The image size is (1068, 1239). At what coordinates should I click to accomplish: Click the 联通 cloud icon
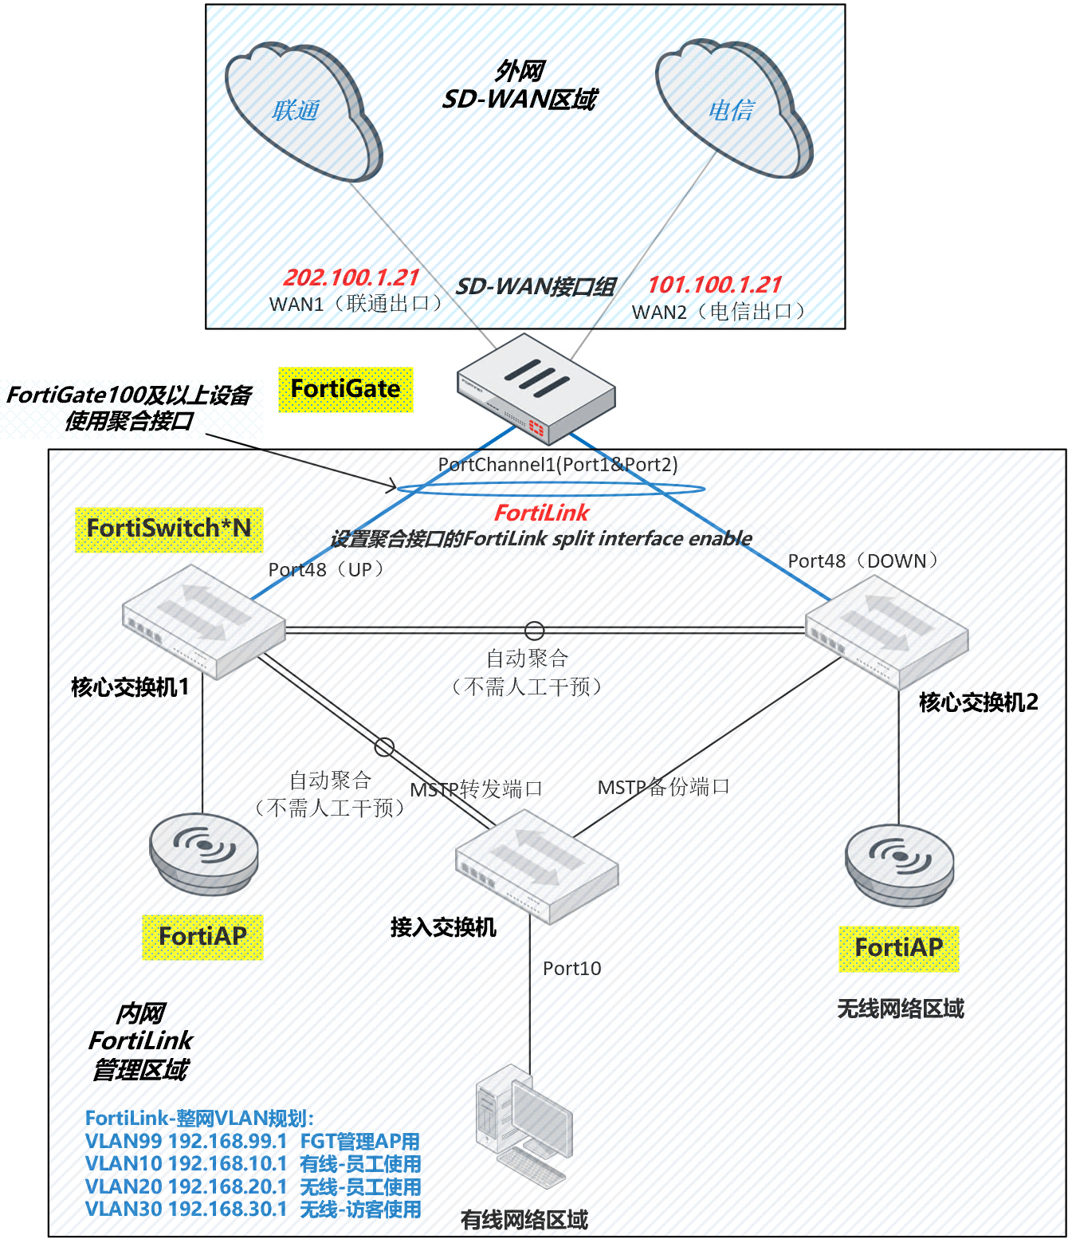tap(303, 112)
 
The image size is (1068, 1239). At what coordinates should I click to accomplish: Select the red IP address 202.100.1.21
tap(351, 277)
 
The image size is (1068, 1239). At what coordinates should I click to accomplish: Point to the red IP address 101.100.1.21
tap(715, 285)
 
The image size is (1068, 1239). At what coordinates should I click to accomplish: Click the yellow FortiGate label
tap(346, 389)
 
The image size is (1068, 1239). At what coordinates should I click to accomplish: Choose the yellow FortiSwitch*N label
tap(169, 529)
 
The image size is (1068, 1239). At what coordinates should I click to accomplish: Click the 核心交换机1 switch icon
tap(203, 622)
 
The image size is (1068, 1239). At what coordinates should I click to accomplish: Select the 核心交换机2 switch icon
tap(886, 632)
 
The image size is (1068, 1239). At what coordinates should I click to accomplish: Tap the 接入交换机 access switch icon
tap(536, 867)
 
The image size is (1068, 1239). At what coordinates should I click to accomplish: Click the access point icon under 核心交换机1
tap(204, 852)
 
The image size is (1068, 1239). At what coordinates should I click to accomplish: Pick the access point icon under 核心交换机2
tap(900, 864)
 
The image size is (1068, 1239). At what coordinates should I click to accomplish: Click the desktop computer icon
tap(524, 1124)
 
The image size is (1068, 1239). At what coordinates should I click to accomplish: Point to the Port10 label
tap(572, 969)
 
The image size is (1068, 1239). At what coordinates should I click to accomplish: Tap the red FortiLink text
tap(541, 513)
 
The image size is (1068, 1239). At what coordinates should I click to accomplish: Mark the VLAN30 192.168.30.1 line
tap(253, 1209)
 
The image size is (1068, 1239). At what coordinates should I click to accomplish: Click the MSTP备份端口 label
tap(663, 788)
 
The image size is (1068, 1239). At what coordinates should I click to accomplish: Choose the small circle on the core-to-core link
tap(534, 631)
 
